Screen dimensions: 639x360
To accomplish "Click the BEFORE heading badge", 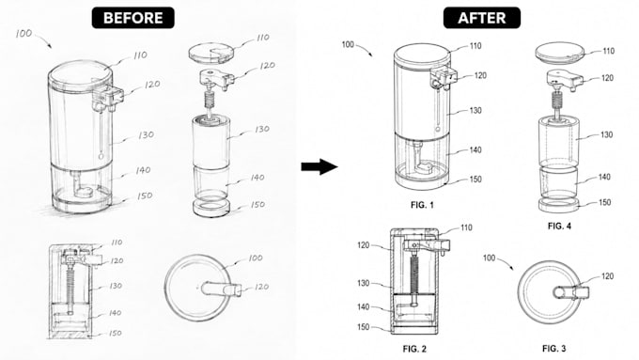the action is point(132,18).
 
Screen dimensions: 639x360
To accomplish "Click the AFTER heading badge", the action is point(482,18).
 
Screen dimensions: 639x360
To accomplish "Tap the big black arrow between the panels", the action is point(319,166).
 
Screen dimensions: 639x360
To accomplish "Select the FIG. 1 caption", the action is point(422,205).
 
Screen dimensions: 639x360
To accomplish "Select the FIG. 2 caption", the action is point(414,349).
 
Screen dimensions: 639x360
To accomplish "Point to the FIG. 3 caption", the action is point(553,349).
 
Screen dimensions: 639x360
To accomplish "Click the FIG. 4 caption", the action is point(559,226).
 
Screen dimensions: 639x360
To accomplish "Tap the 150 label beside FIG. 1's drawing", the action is point(475,179).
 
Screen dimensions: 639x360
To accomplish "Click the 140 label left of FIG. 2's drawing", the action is point(363,306).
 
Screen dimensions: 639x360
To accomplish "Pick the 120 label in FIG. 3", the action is point(607,276).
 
